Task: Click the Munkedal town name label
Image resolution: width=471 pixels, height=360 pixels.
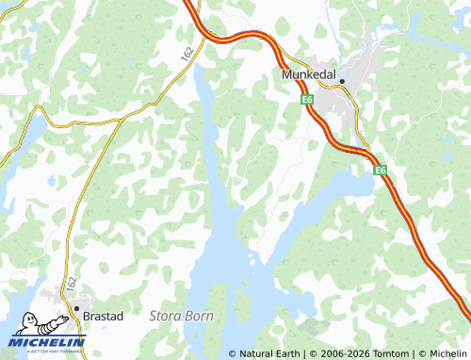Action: tap(309, 74)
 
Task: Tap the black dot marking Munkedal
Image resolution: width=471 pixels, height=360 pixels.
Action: tap(343, 81)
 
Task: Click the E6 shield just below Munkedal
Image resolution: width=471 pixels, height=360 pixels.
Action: tap(308, 98)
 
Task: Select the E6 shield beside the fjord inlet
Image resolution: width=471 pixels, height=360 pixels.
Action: tap(380, 170)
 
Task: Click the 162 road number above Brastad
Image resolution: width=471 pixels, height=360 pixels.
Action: tap(70, 283)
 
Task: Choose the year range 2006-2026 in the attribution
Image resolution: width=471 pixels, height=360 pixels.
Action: tap(338, 353)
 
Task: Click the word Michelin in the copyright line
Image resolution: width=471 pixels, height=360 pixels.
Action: tap(447, 353)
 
